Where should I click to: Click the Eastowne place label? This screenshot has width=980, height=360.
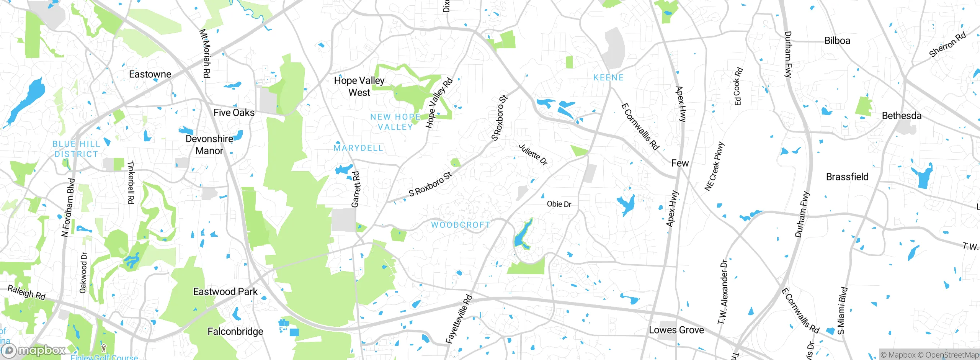tap(150, 74)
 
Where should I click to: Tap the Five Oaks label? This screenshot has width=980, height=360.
tap(234, 113)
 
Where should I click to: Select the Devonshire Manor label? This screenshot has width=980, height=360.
tap(209, 145)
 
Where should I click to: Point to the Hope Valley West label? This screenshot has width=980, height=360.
tap(359, 87)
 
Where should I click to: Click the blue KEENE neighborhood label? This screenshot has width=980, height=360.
tap(608, 78)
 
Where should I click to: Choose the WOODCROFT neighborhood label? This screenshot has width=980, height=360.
tap(461, 225)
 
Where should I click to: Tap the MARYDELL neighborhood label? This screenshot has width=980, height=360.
tap(358, 148)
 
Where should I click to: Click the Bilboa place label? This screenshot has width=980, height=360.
tap(837, 41)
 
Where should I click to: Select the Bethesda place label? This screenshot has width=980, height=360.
tap(902, 116)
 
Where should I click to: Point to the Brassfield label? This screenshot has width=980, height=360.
tap(847, 177)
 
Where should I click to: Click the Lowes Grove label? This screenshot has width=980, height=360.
tap(676, 330)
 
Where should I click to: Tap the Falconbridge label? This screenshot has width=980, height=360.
tap(235, 331)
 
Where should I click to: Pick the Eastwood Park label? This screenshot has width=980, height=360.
tap(225, 292)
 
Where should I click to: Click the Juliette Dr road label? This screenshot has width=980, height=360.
tap(533, 155)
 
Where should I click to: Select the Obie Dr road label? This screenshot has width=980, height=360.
tap(559, 204)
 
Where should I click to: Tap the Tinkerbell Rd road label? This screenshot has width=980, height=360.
tap(131, 182)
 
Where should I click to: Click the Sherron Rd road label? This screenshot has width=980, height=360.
tap(947, 45)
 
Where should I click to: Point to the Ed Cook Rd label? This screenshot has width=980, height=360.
tap(738, 87)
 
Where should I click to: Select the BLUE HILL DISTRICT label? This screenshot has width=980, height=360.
tap(76, 149)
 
